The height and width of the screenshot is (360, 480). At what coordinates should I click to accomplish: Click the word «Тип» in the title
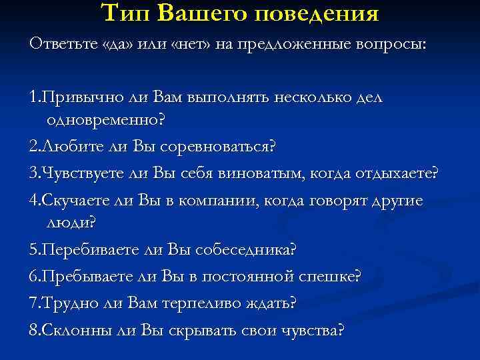click(x=126, y=13)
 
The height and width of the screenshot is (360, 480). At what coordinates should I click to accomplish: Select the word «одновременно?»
click(x=106, y=121)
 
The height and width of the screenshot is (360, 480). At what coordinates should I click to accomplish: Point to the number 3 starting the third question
click(x=33, y=175)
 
